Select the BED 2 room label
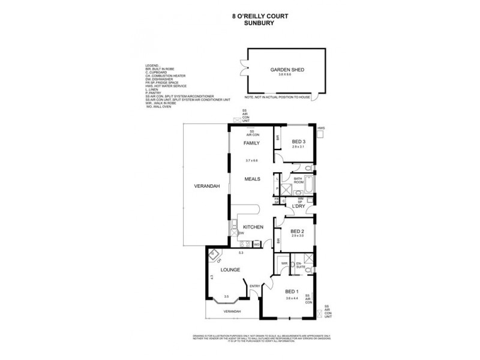(298, 231)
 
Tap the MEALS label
(251, 179)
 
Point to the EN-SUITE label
(299, 264)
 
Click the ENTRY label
(254, 286)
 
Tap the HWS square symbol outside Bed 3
(321, 135)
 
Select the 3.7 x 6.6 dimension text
(251, 160)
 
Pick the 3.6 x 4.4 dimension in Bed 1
(292, 298)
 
